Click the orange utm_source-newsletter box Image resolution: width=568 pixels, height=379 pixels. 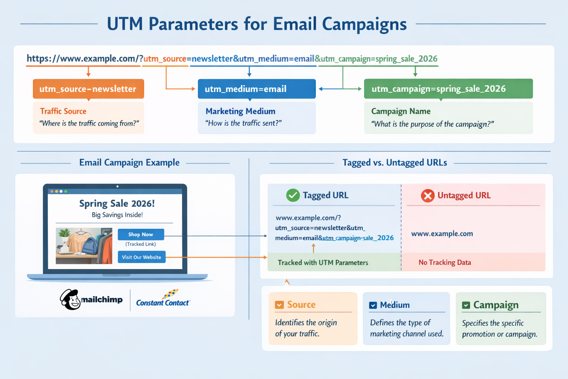[x=88, y=89]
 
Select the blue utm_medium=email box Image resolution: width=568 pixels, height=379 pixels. [x=257, y=89]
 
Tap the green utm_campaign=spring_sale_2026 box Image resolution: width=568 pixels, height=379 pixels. [x=448, y=89]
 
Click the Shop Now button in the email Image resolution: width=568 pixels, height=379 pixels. [x=141, y=234]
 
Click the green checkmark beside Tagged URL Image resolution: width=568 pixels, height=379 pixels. [x=293, y=195]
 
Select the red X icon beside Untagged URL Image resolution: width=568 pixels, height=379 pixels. [x=427, y=195]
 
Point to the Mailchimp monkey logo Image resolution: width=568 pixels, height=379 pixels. [x=71, y=299]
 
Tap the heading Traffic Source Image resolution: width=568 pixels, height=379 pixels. [x=63, y=111]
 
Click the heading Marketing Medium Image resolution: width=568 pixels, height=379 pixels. [x=240, y=111]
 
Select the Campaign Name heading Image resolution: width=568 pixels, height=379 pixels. [x=400, y=111]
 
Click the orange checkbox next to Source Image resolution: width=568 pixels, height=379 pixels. [x=279, y=305]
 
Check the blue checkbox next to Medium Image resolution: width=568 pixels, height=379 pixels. [x=373, y=305]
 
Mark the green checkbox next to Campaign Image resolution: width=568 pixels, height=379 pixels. [x=466, y=305]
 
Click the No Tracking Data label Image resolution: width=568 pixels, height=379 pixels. [x=444, y=262]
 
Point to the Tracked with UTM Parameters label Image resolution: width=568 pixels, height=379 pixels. [x=323, y=262]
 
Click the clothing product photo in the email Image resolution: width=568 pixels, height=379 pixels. [x=84, y=246]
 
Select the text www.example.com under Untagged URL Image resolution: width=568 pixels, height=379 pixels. [x=442, y=234]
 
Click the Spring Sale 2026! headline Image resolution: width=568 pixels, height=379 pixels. [x=117, y=203]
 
